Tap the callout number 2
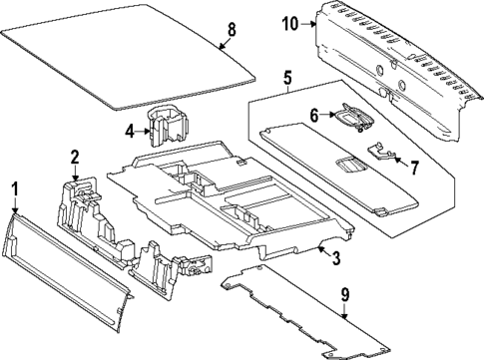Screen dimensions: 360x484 75,157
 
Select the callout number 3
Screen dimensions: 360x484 336,259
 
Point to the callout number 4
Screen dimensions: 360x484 131,129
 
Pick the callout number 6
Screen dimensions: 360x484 313,116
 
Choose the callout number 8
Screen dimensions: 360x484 231,29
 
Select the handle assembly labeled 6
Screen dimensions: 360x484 352,118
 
